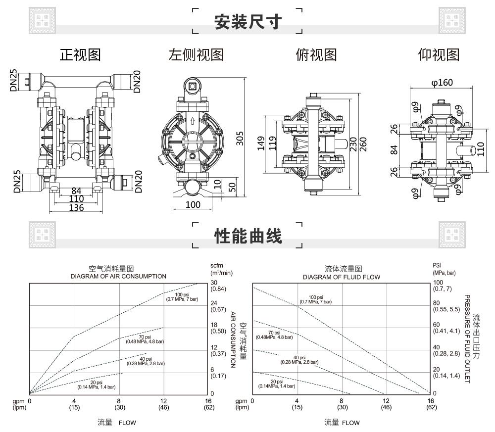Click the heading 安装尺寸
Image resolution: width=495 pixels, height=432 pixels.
tap(247, 22)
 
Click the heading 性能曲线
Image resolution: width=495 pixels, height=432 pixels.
tap(247, 236)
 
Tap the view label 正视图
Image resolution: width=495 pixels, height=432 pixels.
tap(80, 54)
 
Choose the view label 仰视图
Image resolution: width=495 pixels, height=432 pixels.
tap(439, 54)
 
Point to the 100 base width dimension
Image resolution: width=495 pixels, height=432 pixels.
tap(193, 204)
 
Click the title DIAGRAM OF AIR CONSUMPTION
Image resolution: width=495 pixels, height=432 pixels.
tap(118, 276)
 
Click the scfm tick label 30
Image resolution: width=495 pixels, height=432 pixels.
tap(214, 283)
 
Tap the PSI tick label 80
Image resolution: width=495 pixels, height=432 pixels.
tap(436, 303)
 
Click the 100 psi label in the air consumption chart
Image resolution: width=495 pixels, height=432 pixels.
tap(183, 295)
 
